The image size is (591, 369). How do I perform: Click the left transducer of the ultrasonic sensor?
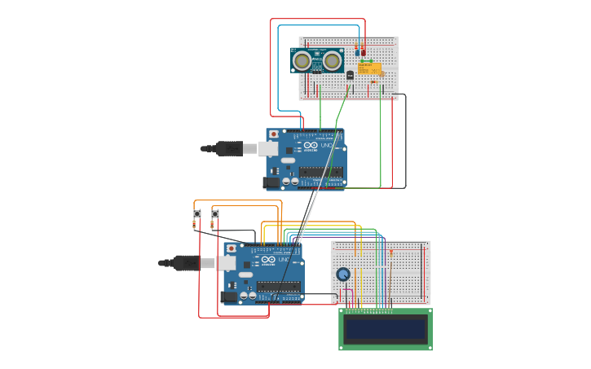pyautogui.click(x=302, y=60)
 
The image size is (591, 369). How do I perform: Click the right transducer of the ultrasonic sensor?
pyautogui.click(x=332, y=60)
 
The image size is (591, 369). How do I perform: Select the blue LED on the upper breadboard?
pyautogui.click(x=357, y=52)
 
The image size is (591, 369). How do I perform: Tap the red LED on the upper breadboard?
pyautogui.click(x=364, y=52)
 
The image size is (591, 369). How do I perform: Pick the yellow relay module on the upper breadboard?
pyautogui.click(x=369, y=68)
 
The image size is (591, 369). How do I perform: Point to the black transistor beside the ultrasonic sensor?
pyautogui.click(x=350, y=75)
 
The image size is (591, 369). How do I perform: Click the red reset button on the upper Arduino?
pyautogui.click(x=273, y=134)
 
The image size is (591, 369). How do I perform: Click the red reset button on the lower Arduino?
pyautogui.click(x=231, y=248)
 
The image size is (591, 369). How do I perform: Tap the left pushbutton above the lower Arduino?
pyautogui.click(x=196, y=214)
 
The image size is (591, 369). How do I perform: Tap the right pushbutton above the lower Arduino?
pyautogui.click(x=215, y=214)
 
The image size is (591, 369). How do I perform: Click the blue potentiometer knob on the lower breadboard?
pyautogui.click(x=343, y=275)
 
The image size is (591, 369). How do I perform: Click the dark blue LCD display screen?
pyautogui.click(x=386, y=329)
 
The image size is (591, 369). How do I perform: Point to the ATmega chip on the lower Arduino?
pyautogui.click(x=279, y=286)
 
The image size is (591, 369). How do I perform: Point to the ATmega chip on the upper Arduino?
pyautogui.click(x=321, y=172)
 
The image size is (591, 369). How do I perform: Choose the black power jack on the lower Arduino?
pyautogui.click(x=229, y=297)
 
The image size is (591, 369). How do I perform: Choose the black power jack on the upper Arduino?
pyautogui.click(x=271, y=183)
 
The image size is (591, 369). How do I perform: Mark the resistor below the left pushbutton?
pyautogui.click(x=194, y=225)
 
